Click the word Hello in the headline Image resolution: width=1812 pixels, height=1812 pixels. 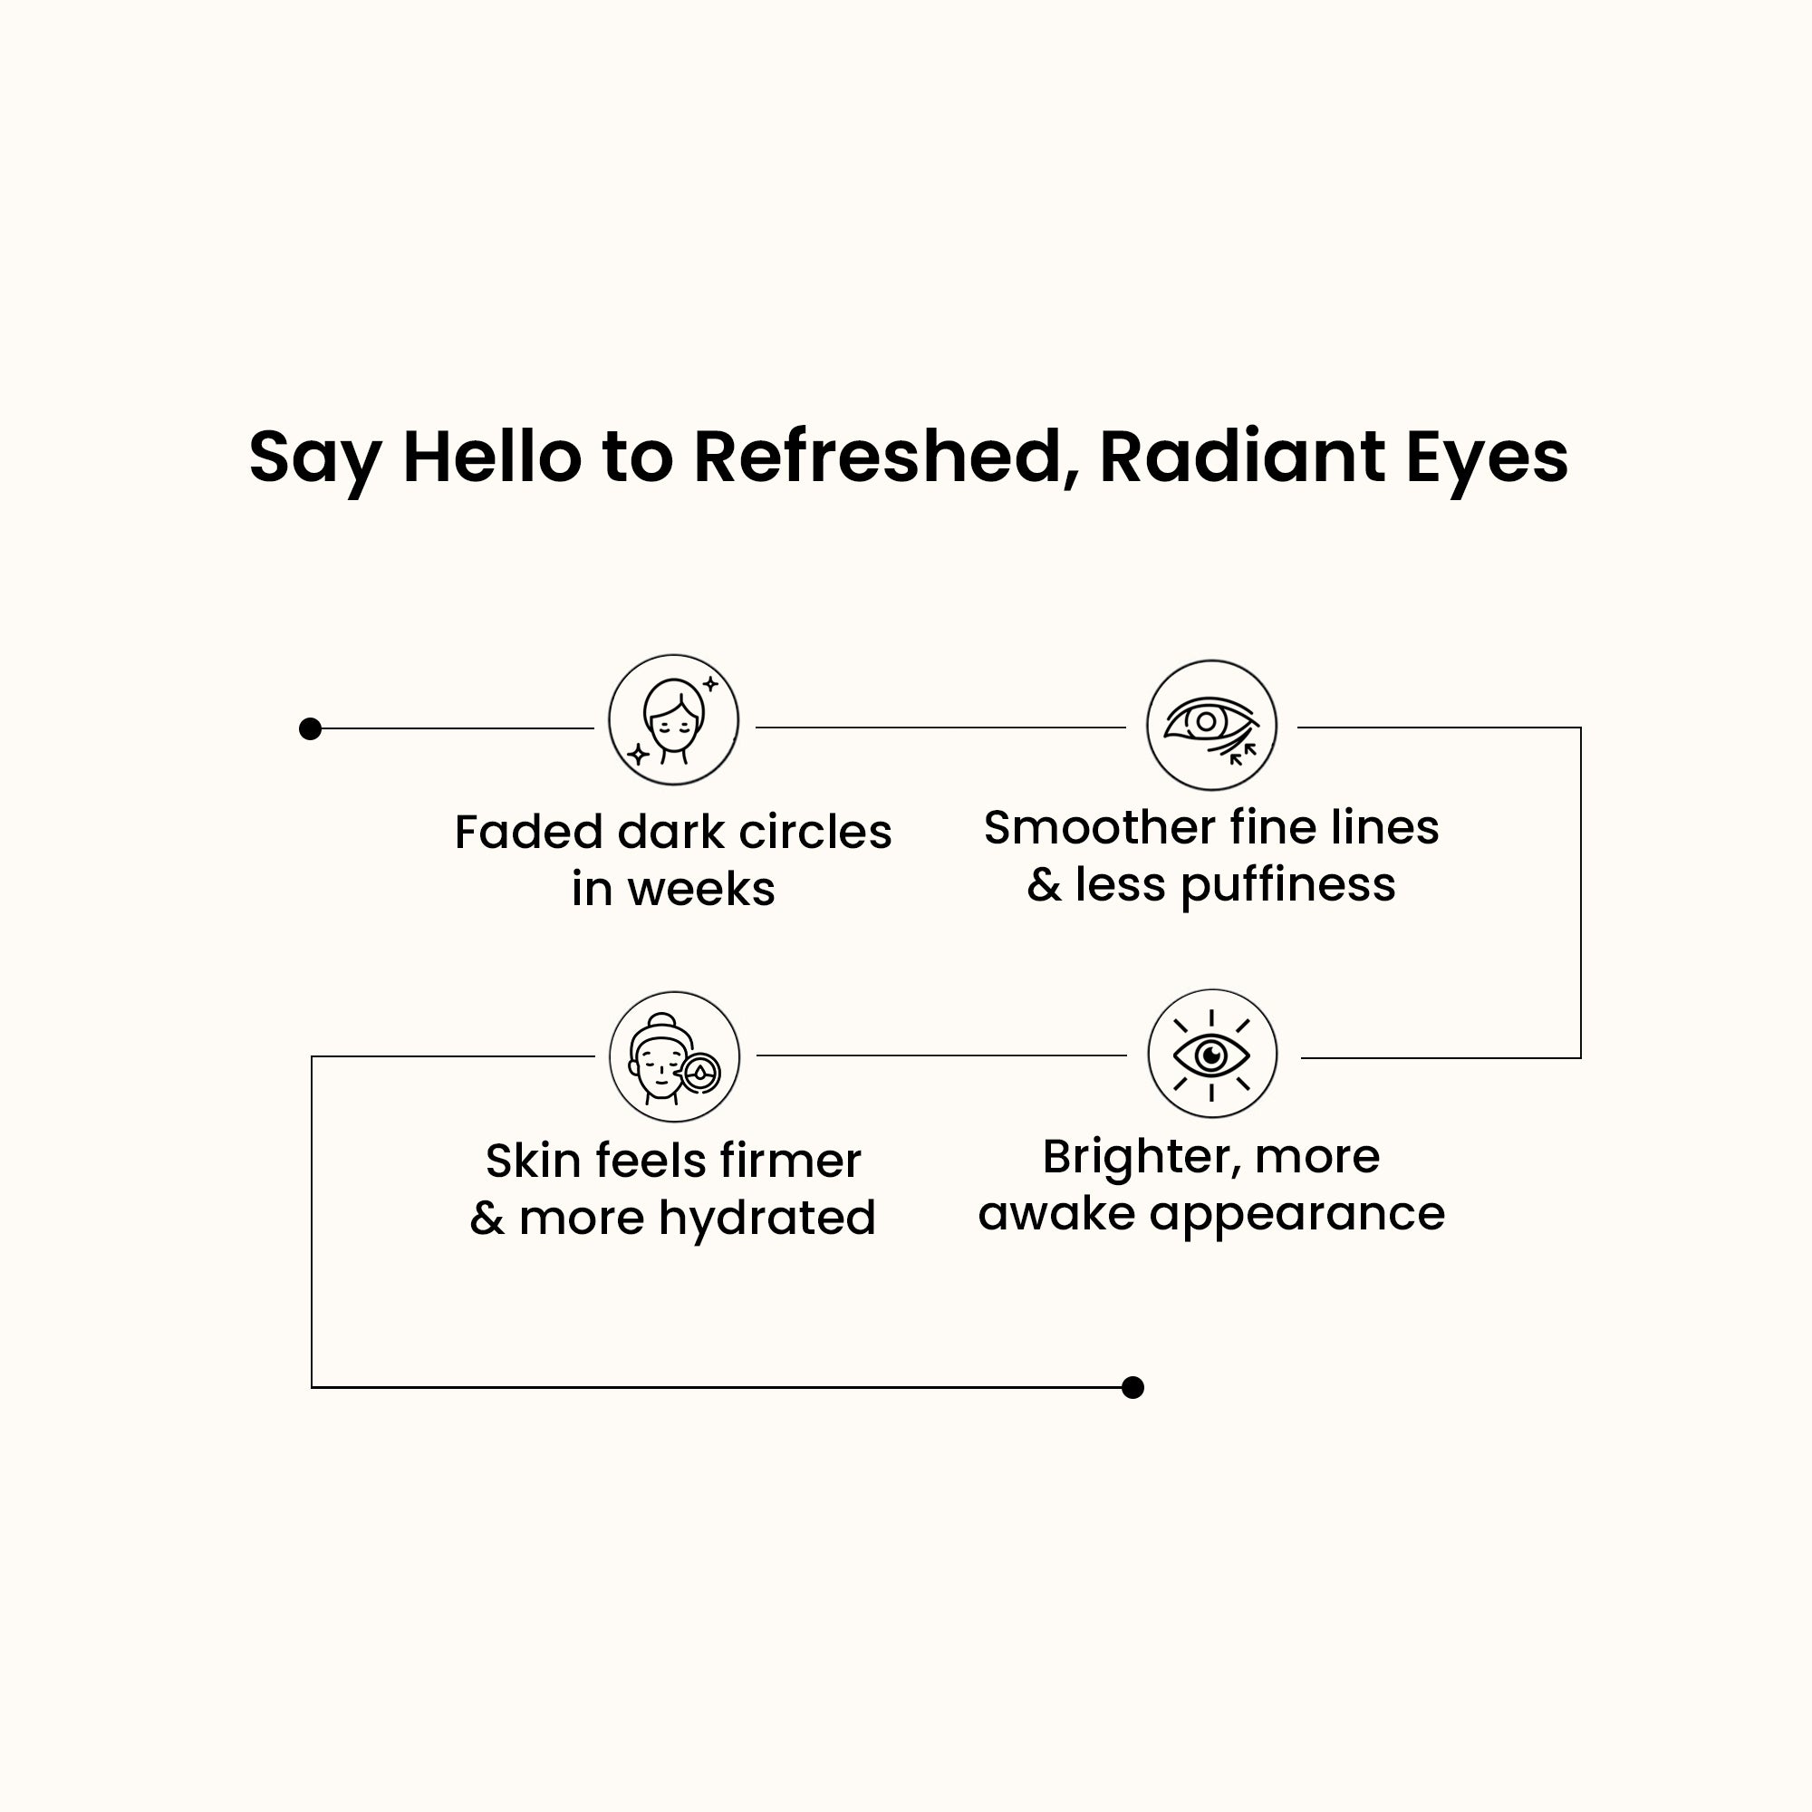tap(491, 457)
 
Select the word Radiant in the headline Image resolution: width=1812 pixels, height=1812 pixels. tap(1241, 457)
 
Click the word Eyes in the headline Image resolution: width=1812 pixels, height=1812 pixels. tap(1486, 457)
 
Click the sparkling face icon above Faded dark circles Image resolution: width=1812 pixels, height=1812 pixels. tap(673, 720)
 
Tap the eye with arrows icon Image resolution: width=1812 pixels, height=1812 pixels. tap(1210, 725)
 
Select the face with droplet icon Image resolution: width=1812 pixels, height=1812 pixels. tap(674, 1056)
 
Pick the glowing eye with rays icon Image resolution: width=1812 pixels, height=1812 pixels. tap(1211, 1055)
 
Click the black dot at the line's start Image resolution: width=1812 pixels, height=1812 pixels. tap(311, 728)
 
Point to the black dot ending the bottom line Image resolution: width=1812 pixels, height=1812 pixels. tap(1133, 1387)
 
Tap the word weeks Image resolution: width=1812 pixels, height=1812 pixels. tap(701, 889)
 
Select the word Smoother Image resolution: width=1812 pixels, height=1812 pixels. tap(1099, 827)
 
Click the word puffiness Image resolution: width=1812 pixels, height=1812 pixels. tap(1287, 885)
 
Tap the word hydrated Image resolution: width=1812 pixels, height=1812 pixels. tap(767, 1219)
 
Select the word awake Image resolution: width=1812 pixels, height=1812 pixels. tap(1056, 1215)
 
